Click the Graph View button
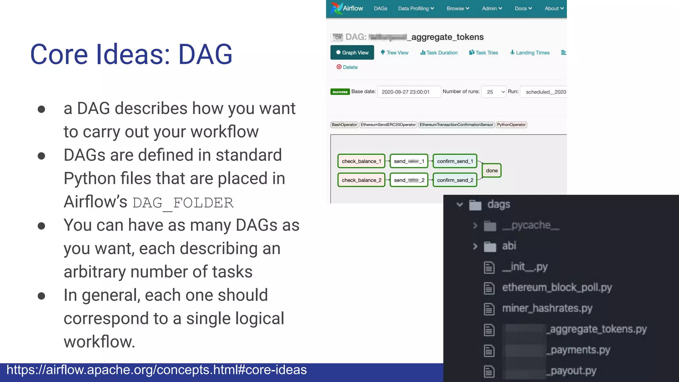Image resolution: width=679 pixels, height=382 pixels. click(x=352, y=52)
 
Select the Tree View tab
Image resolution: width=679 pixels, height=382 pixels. click(x=395, y=53)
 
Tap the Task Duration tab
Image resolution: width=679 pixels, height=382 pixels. click(x=439, y=53)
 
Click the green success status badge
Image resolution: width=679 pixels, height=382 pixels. click(x=340, y=92)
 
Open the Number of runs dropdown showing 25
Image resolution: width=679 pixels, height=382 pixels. click(x=494, y=92)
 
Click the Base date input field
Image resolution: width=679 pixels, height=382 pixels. click(x=409, y=92)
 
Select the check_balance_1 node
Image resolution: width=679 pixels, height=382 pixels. click(x=361, y=161)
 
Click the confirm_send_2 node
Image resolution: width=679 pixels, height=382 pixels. click(x=455, y=180)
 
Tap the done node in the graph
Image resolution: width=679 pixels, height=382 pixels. click(x=492, y=170)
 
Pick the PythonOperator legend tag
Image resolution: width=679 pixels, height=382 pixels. click(x=511, y=125)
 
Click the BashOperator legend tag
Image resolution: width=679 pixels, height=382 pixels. click(x=344, y=125)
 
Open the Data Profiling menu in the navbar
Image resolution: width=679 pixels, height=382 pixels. click(x=416, y=9)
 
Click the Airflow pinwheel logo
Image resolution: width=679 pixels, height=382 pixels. click(x=336, y=8)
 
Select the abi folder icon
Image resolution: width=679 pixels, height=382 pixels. click(x=490, y=246)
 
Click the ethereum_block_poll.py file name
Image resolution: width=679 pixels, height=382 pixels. click(x=557, y=287)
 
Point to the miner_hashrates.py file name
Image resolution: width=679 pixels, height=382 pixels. click(x=547, y=308)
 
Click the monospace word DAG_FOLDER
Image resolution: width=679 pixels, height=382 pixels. click(x=183, y=203)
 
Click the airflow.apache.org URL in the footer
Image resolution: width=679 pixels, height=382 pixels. click(x=156, y=370)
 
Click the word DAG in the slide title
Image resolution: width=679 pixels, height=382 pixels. click(x=205, y=54)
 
